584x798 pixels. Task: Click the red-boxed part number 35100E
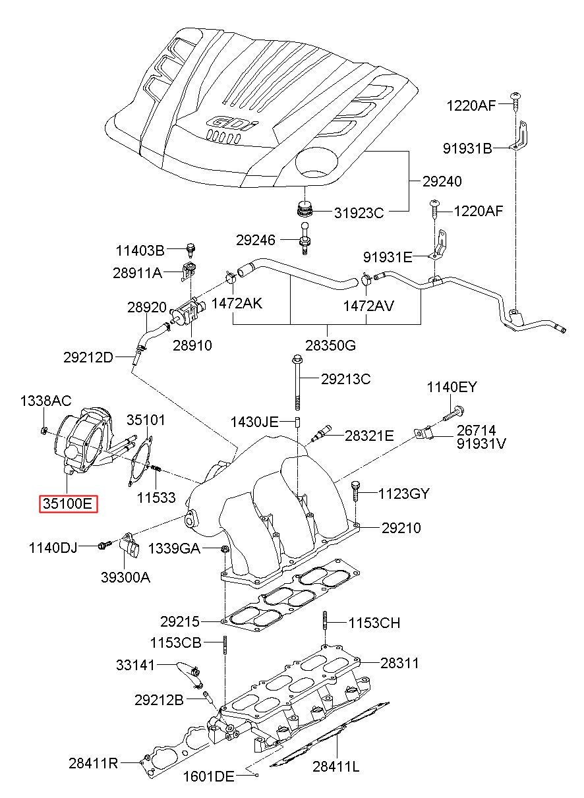(68, 503)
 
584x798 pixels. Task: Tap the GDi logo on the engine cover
(233, 123)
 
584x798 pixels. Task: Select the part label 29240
(442, 182)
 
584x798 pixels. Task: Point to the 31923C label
(359, 213)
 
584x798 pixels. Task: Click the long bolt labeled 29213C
(297, 383)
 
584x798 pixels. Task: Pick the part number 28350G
(331, 345)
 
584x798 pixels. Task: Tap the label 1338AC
(45, 401)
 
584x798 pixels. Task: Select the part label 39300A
(125, 577)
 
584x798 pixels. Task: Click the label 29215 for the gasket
(180, 622)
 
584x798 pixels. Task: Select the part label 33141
(135, 665)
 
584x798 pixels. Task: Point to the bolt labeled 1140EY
(453, 414)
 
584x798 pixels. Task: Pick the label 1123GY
(403, 494)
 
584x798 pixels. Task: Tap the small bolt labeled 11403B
(191, 250)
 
